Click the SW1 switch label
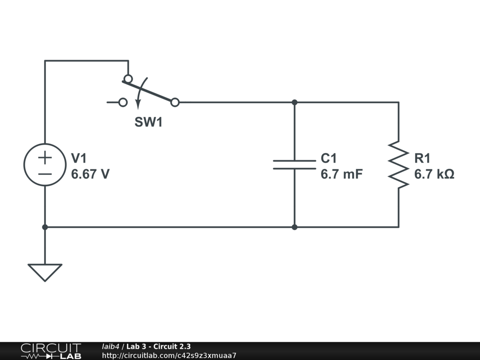[148, 123]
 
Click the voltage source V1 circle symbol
[45, 165]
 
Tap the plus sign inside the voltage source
[45, 157]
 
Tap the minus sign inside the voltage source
[45, 173]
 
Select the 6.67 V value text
[90, 174]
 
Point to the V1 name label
[79, 158]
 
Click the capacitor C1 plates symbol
[294, 164]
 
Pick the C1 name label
[328, 158]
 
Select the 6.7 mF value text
[341, 174]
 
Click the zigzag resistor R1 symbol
[398, 164]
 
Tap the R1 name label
[422, 158]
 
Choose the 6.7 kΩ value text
[434, 174]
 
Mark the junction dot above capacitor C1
[294, 102]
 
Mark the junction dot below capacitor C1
[294, 227]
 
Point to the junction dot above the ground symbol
[45, 227]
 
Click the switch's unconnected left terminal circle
[123, 102]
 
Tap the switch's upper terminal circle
[128, 78]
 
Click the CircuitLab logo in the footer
[51, 351]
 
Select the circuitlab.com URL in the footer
[169, 355]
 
